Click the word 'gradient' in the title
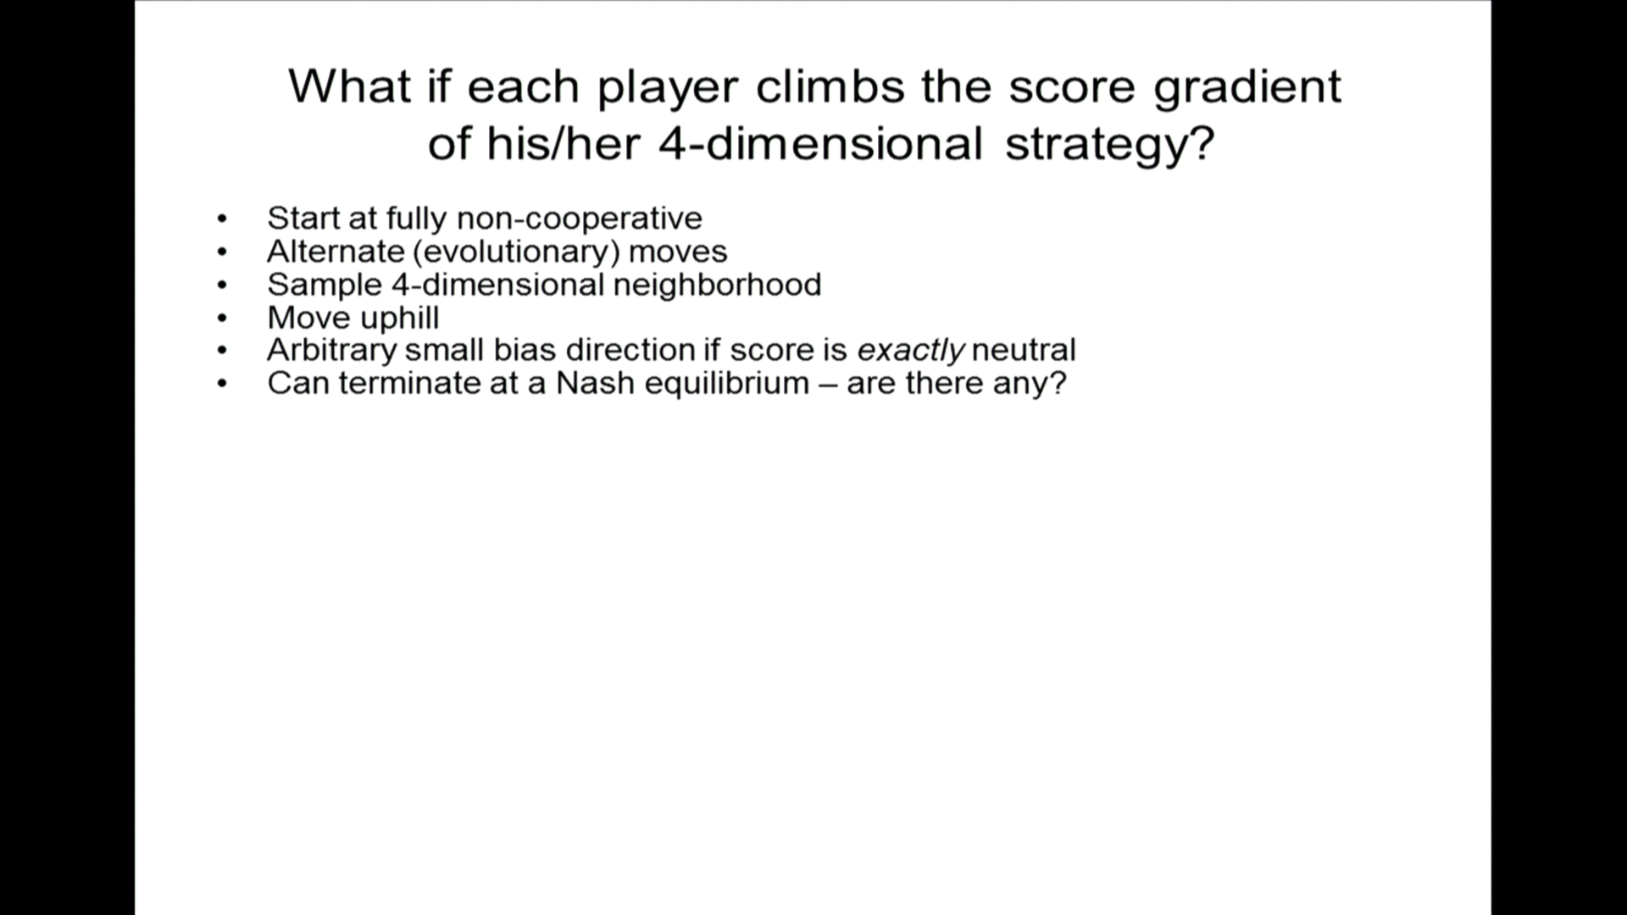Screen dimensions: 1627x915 coord(1247,88)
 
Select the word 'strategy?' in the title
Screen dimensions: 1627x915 coord(1110,145)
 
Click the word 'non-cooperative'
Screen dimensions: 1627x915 coord(580,219)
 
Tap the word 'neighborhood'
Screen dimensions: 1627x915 coord(717,285)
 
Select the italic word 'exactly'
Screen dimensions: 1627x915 coord(911,351)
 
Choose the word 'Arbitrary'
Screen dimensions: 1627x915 coord(331,351)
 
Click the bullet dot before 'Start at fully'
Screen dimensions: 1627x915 coord(223,219)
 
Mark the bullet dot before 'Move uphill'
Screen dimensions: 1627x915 coord(223,319)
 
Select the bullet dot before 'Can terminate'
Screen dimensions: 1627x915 coord(223,384)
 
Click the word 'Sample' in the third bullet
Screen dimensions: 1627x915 coord(325,286)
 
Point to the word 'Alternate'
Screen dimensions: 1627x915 coord(336,252)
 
